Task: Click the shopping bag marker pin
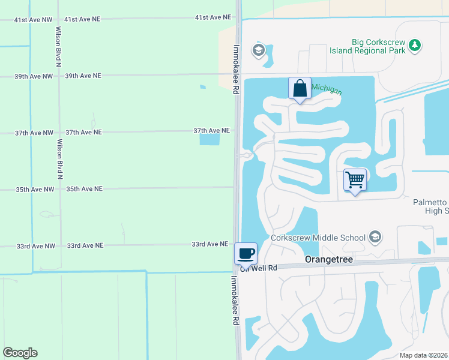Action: coord(300,89)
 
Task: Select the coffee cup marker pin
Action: coord(246,254)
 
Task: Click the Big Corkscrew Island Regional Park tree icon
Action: coord(414,45)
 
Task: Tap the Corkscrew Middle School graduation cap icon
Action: coord(376,238)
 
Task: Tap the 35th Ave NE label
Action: coord(85,189)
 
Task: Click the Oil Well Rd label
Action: coord(259,269)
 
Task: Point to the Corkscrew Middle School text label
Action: coord(318,238)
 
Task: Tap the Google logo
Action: coord(20,353)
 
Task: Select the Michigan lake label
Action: coord(326,89)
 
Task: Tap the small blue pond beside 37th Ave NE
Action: coord(209,139)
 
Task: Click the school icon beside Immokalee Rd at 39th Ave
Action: coord(259,50)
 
